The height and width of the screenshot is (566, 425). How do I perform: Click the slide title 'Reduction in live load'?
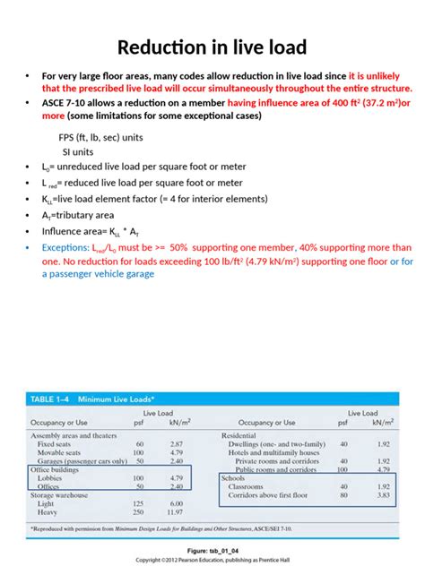tap(212, 47)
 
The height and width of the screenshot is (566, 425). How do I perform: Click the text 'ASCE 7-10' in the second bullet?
tap(66, 104)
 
